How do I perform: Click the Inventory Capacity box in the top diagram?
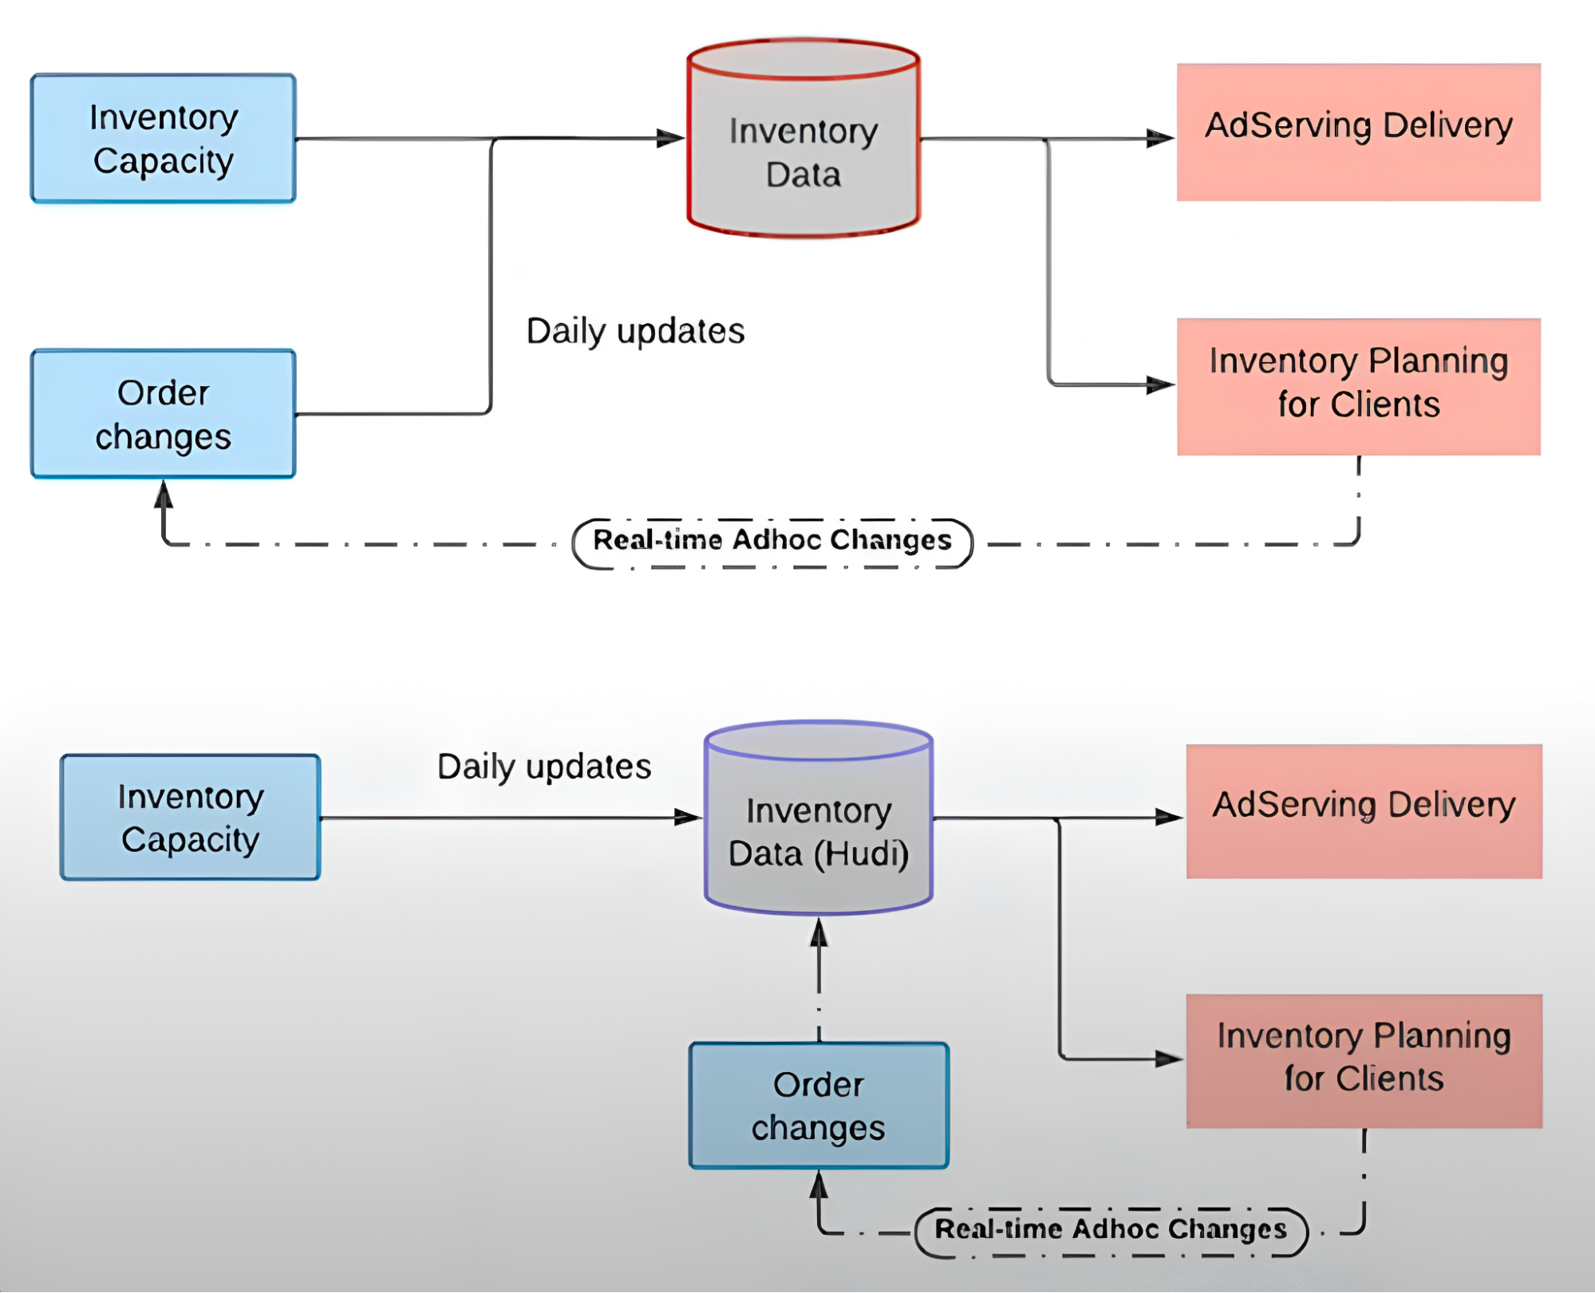tap(164, 139)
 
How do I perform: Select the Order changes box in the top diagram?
tap(164, 414)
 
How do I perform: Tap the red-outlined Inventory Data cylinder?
tap(803, 152)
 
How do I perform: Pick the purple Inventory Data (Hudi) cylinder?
tap(819, 830)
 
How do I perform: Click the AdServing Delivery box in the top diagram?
tap(1358, 132)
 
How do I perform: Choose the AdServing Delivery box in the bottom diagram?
tap(1364, 811)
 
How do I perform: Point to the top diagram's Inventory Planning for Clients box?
tap(1358, 387)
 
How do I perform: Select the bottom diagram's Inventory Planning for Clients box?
tap(1364, 1060)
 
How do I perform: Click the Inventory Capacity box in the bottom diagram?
tap(191, 818)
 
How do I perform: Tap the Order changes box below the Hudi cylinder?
tap(819, 1106)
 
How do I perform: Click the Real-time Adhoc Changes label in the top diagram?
tap(772, 542)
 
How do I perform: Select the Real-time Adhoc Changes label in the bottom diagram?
tap(1111, 1230)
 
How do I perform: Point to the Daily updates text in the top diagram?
tap(635, 331)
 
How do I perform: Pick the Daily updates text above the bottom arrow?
tap(544, 767)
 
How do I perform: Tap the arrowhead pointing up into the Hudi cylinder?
tap(819, 932)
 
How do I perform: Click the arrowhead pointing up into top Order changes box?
tap(164, 495)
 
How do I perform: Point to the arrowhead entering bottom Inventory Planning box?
tap(1168, 1059)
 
